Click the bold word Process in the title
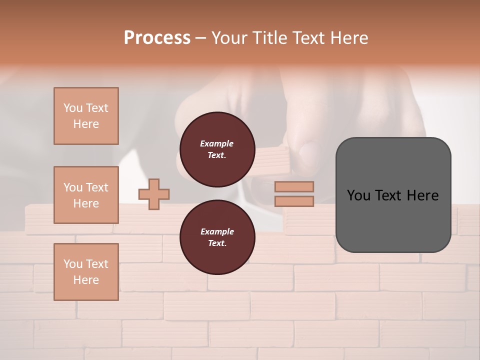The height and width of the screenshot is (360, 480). (x=157, y=38)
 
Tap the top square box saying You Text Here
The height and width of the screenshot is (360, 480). (x=86, y=116)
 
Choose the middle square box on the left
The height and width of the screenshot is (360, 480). (x=86, y=195)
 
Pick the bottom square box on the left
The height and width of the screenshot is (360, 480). (x=86, y=272)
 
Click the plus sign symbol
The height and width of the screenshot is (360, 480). (x=154, y=193)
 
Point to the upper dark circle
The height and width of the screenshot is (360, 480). (x=217, y=149)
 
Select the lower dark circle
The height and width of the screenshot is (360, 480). (x=217, y=237)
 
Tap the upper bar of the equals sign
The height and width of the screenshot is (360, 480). (x=294, y=186)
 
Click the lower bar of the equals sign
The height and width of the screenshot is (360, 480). (x=294, y=201)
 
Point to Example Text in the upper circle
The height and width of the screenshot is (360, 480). (x=217, y=149)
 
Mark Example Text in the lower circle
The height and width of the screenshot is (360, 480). (x=217, y=237)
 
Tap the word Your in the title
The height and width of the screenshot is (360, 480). (x=229, y=38)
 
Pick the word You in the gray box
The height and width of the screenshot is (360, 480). (x=358, y=195)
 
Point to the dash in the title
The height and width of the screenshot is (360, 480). (x=201, y=38)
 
